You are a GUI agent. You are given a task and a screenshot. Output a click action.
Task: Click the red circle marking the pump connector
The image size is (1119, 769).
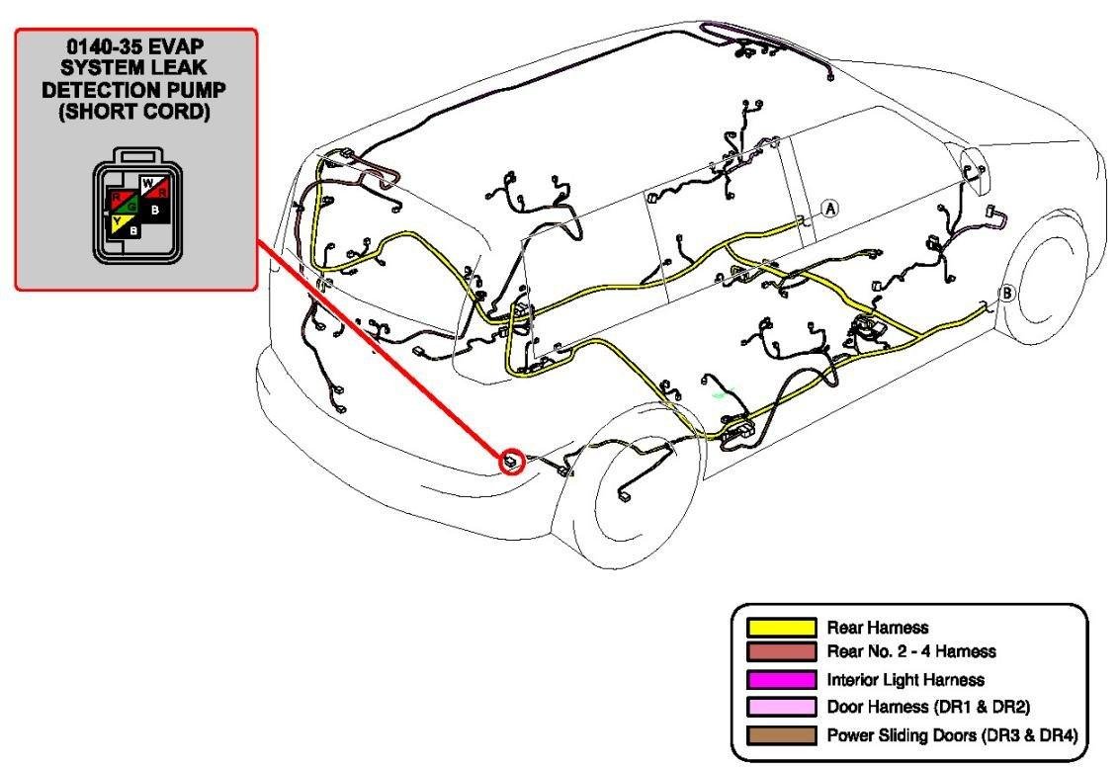tap(511, 460)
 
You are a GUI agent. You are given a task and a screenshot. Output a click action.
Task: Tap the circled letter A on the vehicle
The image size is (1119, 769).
tap(829, 209)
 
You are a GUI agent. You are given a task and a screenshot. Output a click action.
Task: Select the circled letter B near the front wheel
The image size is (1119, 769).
tap(1007, 293)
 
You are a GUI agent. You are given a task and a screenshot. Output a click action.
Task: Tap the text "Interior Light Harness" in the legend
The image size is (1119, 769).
tap(904, 680)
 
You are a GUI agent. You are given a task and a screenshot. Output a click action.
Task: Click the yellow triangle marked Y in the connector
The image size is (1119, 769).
tap(119, 224)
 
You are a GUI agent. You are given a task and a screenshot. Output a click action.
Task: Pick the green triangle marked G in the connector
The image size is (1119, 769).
tap(129, 208)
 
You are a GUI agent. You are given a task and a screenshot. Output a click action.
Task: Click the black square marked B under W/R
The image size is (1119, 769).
tap(155, 210)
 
